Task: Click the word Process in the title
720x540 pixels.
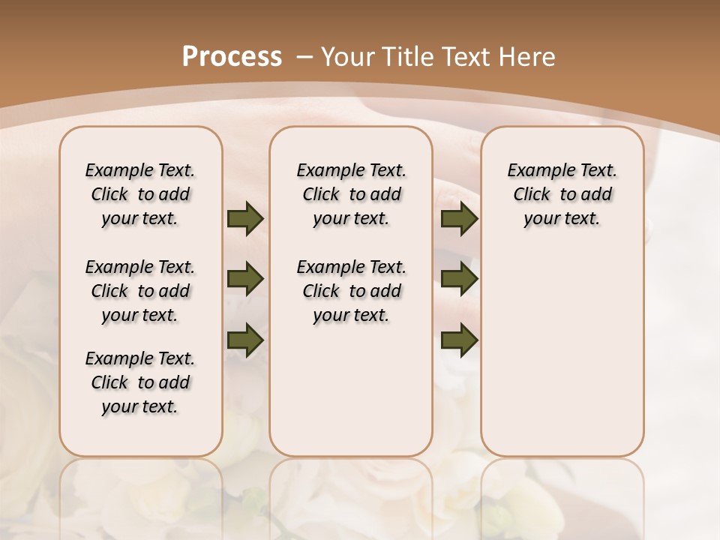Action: (x=232, y=56)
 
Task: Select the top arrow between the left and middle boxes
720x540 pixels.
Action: (x=244, y=218)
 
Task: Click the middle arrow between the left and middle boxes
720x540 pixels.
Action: (x=244, y=279)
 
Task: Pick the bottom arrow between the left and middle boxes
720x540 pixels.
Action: (x=244, y=340)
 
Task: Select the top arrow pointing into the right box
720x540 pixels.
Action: (x=459, y=218)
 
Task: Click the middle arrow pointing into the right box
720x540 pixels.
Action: (x=459, y=279)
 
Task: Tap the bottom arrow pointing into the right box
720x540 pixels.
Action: (x=459, y=340)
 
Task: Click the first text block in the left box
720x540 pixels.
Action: (x=140, y=194)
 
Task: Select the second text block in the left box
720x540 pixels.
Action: (x=140, y=291)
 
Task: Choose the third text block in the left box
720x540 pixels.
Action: (x=140, y=382)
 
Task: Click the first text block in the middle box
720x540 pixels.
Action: (x=351, y=194)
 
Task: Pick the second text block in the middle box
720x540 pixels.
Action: (x=351, y=291)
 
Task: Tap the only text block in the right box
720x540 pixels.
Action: (x=562, y=194)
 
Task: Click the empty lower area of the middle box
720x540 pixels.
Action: (x=351, y=390)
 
